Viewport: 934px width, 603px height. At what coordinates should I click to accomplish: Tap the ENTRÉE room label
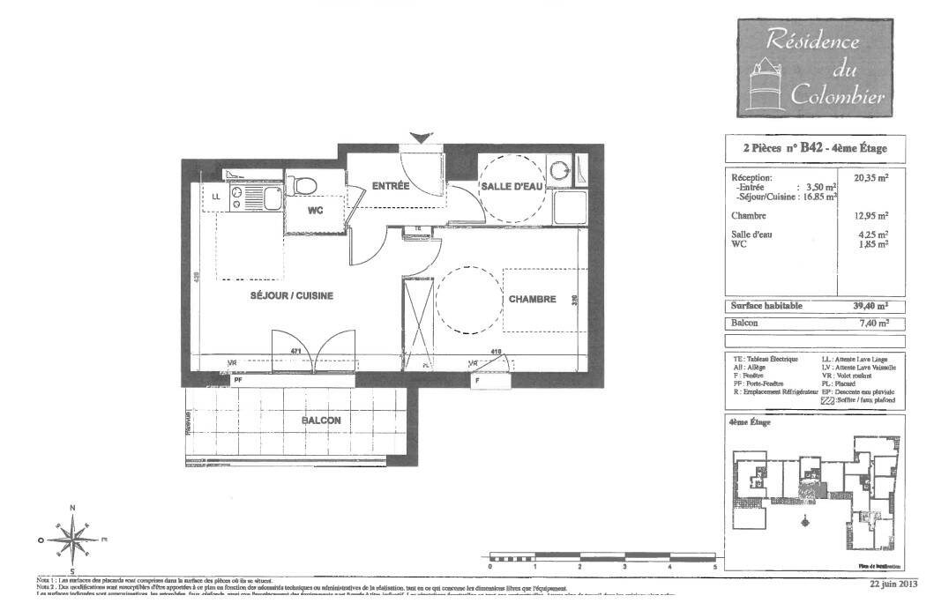(389, 186)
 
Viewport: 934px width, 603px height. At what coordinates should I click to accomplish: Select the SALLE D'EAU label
(511, 188)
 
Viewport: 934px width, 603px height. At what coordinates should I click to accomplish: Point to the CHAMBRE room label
(532, 299)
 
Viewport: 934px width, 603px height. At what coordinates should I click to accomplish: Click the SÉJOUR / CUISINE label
(291, 296)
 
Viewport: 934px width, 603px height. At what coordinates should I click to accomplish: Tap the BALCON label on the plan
(321, 421)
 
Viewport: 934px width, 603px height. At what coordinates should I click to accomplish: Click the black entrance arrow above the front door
(422, 138)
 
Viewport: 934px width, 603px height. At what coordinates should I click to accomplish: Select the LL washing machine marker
(216, 197)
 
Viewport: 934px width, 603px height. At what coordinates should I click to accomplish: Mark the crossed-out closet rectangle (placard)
(419, 322)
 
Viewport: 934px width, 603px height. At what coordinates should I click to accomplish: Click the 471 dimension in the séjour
(297, 352)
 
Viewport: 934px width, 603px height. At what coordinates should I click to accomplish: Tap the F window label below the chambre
(477, 381)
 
